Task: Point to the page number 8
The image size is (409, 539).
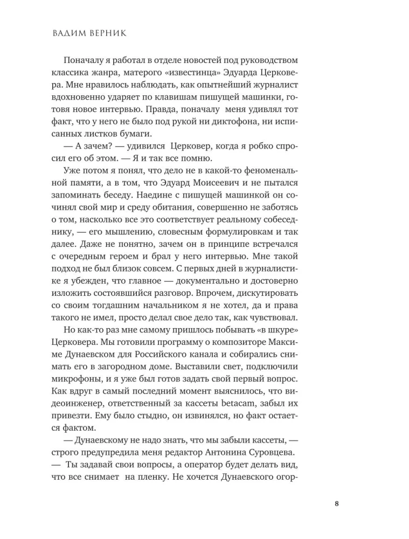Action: point(336,504)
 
